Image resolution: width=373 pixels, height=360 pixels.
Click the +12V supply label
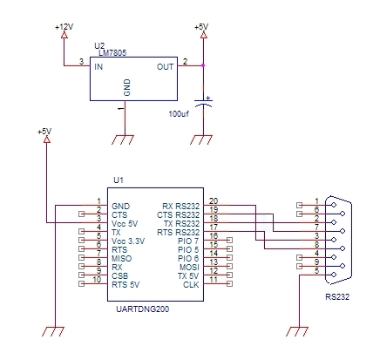pos(64,27)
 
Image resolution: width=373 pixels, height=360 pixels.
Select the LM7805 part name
pos(112,53)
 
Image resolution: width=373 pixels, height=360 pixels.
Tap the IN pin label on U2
pos(98,67)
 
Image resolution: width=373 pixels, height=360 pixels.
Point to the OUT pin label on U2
pos(165,67)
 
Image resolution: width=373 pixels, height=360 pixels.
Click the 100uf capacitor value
pos(179,114)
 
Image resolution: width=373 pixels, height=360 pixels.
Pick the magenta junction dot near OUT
pos(203,65)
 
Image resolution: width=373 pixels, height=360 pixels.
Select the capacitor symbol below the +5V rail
pos(203,102)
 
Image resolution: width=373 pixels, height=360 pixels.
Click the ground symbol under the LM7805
pos(123,139)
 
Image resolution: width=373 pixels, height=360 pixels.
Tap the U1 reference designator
pos(119,180)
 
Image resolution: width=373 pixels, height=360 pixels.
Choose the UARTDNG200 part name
pos(142,309)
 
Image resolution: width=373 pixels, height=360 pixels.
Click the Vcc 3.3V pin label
pos(128,241)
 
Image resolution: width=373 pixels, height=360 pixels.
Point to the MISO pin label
pos(122,259)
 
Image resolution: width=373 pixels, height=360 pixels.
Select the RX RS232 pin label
pos(181,207)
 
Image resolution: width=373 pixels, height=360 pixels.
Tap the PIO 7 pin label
pos(188,241)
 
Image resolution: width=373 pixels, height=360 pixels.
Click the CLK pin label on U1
pos(191,285)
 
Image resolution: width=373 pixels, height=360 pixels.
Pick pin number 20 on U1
pos(214,201)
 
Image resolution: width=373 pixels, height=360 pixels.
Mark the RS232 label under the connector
pos(337,297)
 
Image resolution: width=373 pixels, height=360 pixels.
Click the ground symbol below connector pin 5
pos(297,331)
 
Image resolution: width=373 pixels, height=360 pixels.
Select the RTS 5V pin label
pos(125,285)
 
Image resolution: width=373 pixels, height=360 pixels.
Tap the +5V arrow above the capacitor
pos(204,35)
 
